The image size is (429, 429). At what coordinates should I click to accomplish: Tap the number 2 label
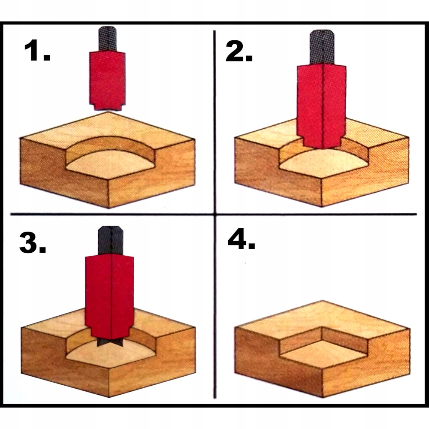(x=239, y=50)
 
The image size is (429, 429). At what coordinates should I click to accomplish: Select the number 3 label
(x=33, y=242)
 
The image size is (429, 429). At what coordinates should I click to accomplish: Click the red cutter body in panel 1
(x=108, y=79)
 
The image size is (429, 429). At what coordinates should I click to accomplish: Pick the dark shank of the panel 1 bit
(x=108, y=38)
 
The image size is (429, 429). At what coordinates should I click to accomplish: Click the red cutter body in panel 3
(x=109, y=296)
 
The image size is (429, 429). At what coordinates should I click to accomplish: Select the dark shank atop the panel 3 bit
(x=110, y=241)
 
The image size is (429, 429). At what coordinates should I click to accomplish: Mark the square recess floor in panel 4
(x=323, y=353)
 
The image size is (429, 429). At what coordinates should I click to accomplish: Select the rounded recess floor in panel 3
(x=109, y=354)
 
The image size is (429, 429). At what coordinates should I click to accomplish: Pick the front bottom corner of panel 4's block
(x=322, y=397)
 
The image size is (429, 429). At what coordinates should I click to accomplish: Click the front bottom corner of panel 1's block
(x=109, y=208)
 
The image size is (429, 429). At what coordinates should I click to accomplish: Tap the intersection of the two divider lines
(x=215, y=214)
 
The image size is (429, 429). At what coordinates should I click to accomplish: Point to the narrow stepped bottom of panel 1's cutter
(x=108, y=107)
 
